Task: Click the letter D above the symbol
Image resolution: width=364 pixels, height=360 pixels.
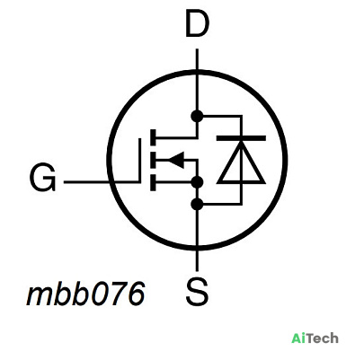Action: [197, 23]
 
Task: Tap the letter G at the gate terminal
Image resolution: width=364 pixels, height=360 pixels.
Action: [43, 178]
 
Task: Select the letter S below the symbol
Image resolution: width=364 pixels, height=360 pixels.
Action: [197, 291]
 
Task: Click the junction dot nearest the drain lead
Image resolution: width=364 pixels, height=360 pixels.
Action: [197, 116]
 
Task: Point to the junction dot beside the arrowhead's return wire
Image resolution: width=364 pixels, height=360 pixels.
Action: [197, 182]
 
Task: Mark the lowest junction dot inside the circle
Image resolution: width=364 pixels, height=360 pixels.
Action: [197, 204]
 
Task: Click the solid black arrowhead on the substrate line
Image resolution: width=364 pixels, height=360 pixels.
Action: [176, 160]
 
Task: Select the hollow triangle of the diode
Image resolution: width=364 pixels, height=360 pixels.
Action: [241, 162]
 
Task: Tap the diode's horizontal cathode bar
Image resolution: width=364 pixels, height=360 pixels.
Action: [241, 138]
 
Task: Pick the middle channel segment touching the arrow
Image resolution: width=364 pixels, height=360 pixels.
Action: [153, 160]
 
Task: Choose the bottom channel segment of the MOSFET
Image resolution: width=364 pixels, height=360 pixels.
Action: [153, 182]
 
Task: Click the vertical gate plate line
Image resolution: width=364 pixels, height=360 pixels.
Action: [139, 160]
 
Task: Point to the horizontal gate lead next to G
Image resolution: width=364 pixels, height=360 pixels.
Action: [102, 181]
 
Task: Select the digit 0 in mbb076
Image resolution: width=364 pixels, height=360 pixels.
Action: [101, 294]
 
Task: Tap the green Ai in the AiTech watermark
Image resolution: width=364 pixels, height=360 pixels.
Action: [298, 338]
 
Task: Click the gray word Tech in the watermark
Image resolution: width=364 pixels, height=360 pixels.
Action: [323, 338]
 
